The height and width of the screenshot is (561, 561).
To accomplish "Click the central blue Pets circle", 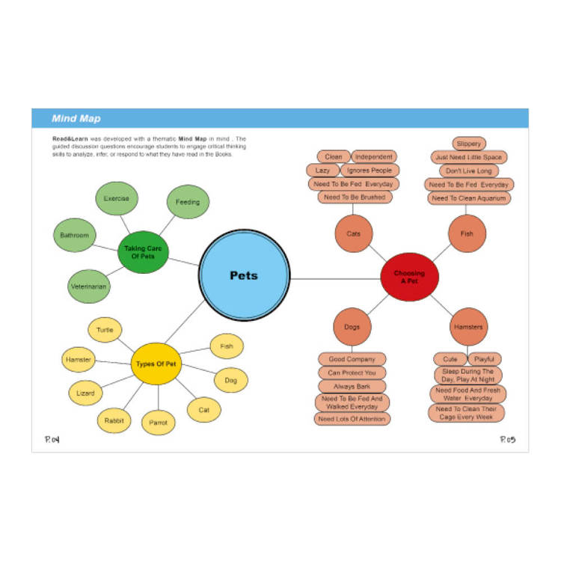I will pos(244,276).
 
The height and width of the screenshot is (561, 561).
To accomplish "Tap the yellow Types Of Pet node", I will pos(156,364).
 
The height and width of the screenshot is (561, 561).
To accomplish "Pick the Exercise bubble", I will pos(117,199).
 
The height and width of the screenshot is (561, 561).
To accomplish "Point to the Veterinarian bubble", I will pos(89,286).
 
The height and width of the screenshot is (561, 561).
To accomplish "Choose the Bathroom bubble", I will pos(75,236).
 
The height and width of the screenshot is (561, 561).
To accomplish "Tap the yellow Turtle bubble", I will pos(105,330).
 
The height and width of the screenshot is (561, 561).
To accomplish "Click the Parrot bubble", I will pos(158,423).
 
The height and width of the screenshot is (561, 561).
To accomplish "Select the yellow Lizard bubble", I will pos(85,393).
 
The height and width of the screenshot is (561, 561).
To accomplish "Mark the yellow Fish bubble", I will pos(227,346).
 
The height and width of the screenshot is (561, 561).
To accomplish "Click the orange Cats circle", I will pos(354,234).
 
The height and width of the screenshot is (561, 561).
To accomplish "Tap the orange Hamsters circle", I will pos(468,328).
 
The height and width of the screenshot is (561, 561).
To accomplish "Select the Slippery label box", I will pos(469,143).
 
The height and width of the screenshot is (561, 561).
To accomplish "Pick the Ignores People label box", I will pos(370,171).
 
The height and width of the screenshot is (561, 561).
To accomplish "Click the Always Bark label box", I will pos(352,387).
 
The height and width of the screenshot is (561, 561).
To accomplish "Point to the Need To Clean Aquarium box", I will pos(470,198).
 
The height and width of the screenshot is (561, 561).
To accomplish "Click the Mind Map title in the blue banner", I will pos(76,118).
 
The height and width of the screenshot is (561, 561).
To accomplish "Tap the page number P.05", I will pos(508,440).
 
